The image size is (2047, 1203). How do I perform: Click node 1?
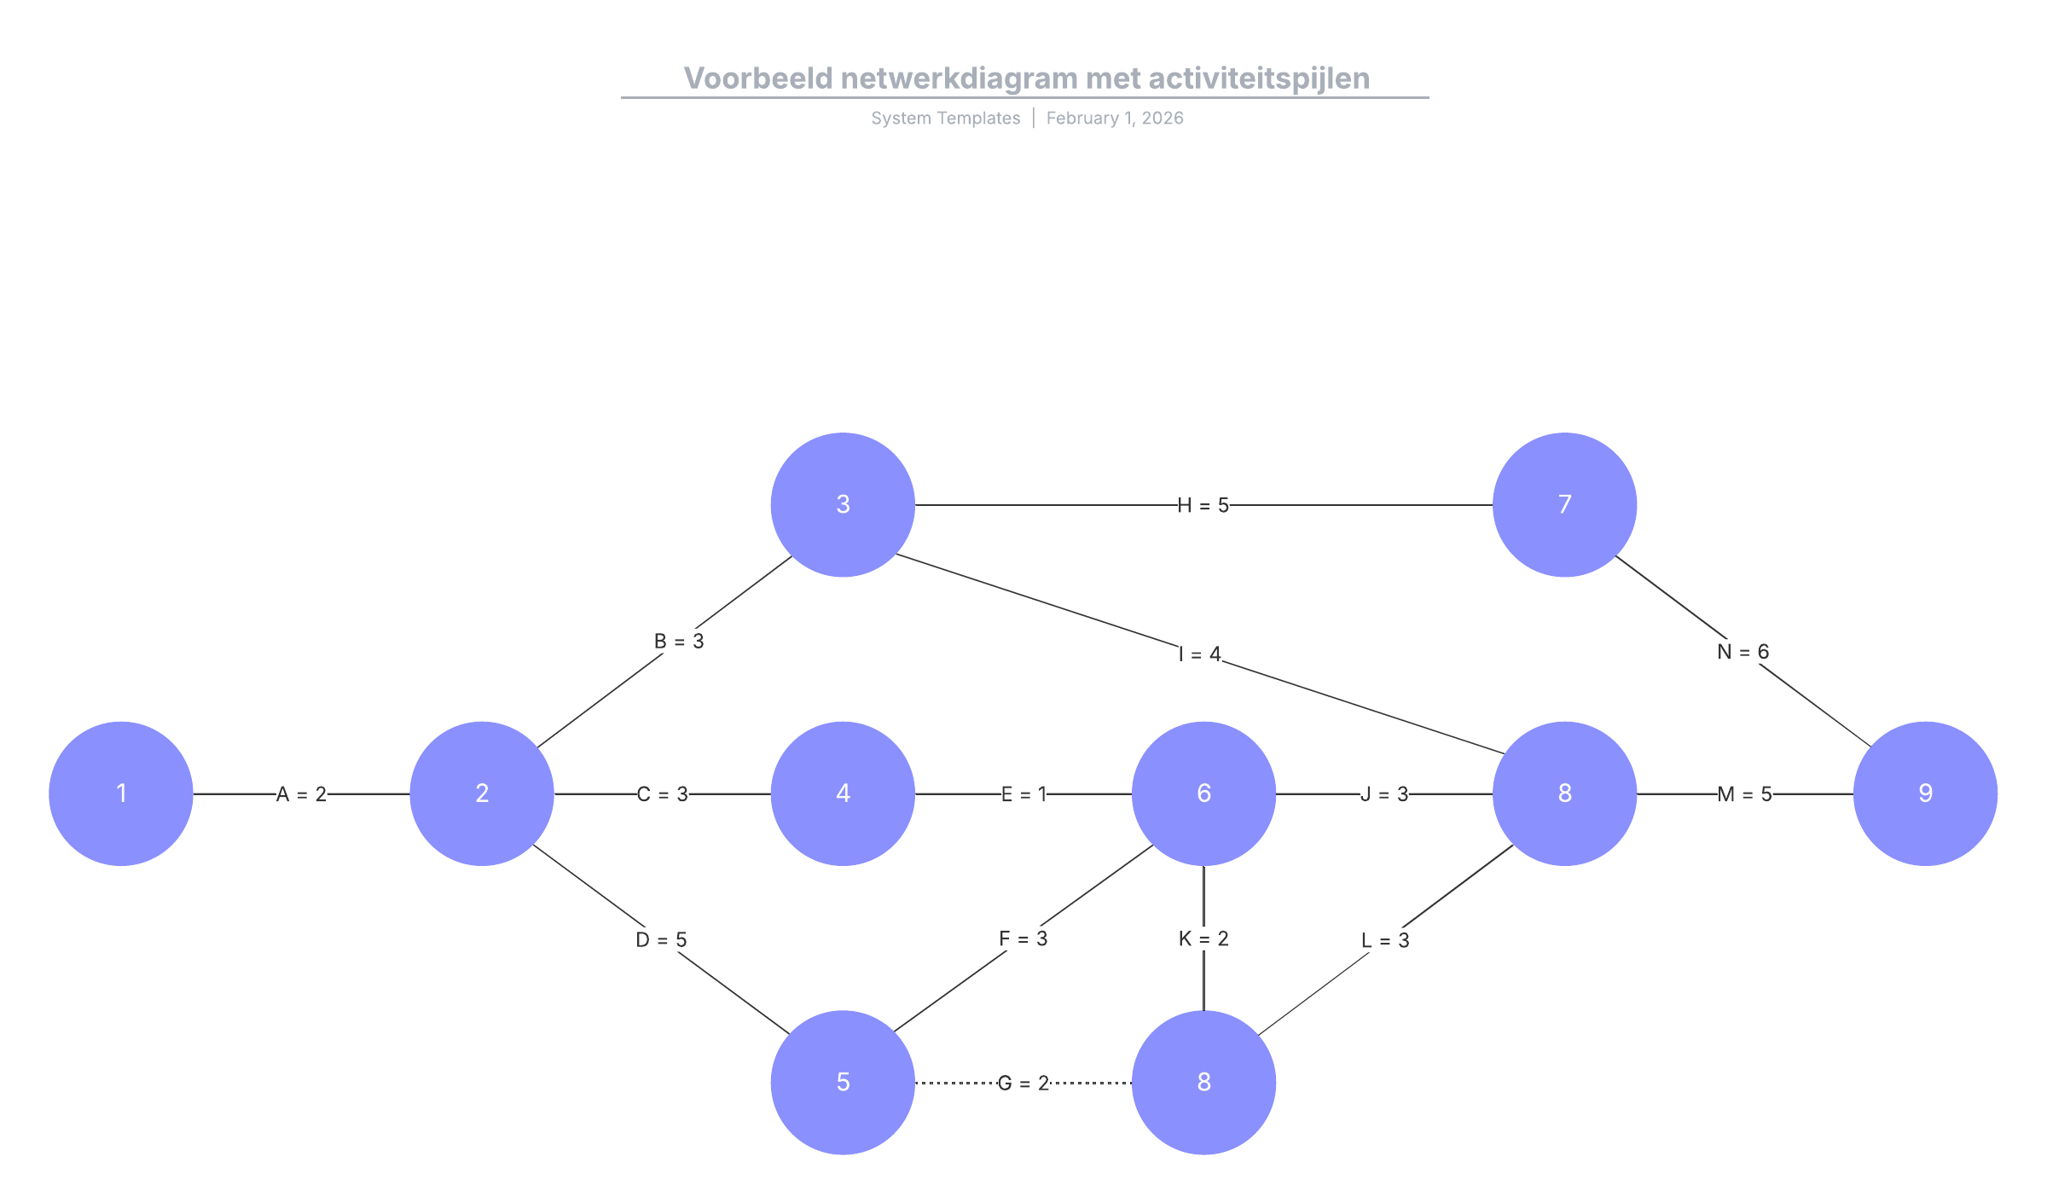(121, 793)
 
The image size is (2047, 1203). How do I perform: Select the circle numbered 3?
(843, 504)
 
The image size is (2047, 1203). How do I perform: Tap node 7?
(1564, 504)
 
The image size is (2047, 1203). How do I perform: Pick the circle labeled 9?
(1925, 793)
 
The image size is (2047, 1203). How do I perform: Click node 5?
(843, 1082)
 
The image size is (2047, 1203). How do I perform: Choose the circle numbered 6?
(1203, 793)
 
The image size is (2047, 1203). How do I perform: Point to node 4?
(843, 793)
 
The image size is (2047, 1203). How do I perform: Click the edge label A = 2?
(302, 794)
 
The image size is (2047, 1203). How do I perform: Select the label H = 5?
(1203, 506)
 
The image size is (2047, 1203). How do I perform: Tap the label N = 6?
(1743, 652)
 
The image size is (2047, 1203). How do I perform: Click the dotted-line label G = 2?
(1023, 1084)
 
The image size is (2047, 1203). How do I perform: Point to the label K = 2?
(1203, 939)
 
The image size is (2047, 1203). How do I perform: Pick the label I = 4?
(1199, 654)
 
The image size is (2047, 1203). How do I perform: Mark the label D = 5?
(661, 939)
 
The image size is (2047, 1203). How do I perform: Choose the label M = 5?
(1744, 794)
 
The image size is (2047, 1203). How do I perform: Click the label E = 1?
(1023, 794)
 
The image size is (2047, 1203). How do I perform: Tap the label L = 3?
(1384, 940)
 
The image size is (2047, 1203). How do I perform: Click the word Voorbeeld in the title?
(757, 78)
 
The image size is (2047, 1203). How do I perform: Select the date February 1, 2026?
(1115, 119)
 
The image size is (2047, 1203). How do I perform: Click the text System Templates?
(945, 119)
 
